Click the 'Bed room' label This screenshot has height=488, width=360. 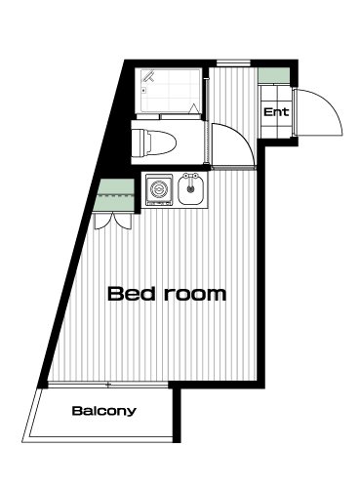click(167, 294)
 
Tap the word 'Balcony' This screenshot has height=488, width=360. click(103, 411)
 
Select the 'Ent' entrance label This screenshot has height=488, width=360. click(276, 112)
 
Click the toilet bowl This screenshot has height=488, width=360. click(162, 142)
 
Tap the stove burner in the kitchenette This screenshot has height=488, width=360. click(159, 189)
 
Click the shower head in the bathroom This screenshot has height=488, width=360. click(148, 76)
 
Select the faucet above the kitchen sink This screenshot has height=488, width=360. click(190, 177)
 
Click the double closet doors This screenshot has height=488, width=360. click(113, 222)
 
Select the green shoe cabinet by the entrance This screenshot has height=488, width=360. click(274, 75)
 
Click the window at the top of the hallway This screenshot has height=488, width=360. click(233, 63)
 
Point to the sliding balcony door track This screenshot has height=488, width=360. click(108, 385)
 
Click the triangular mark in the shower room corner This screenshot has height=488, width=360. click(194, 108)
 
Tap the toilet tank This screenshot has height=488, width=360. click(139, 142)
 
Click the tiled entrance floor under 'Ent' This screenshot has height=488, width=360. click(275, 110)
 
